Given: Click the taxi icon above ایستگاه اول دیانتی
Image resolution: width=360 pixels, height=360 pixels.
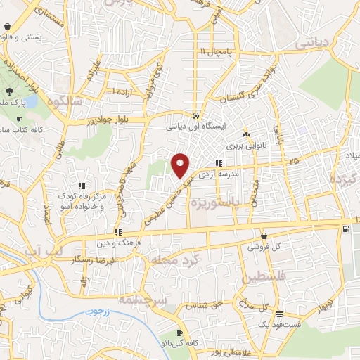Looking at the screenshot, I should click(x=195, y=115).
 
